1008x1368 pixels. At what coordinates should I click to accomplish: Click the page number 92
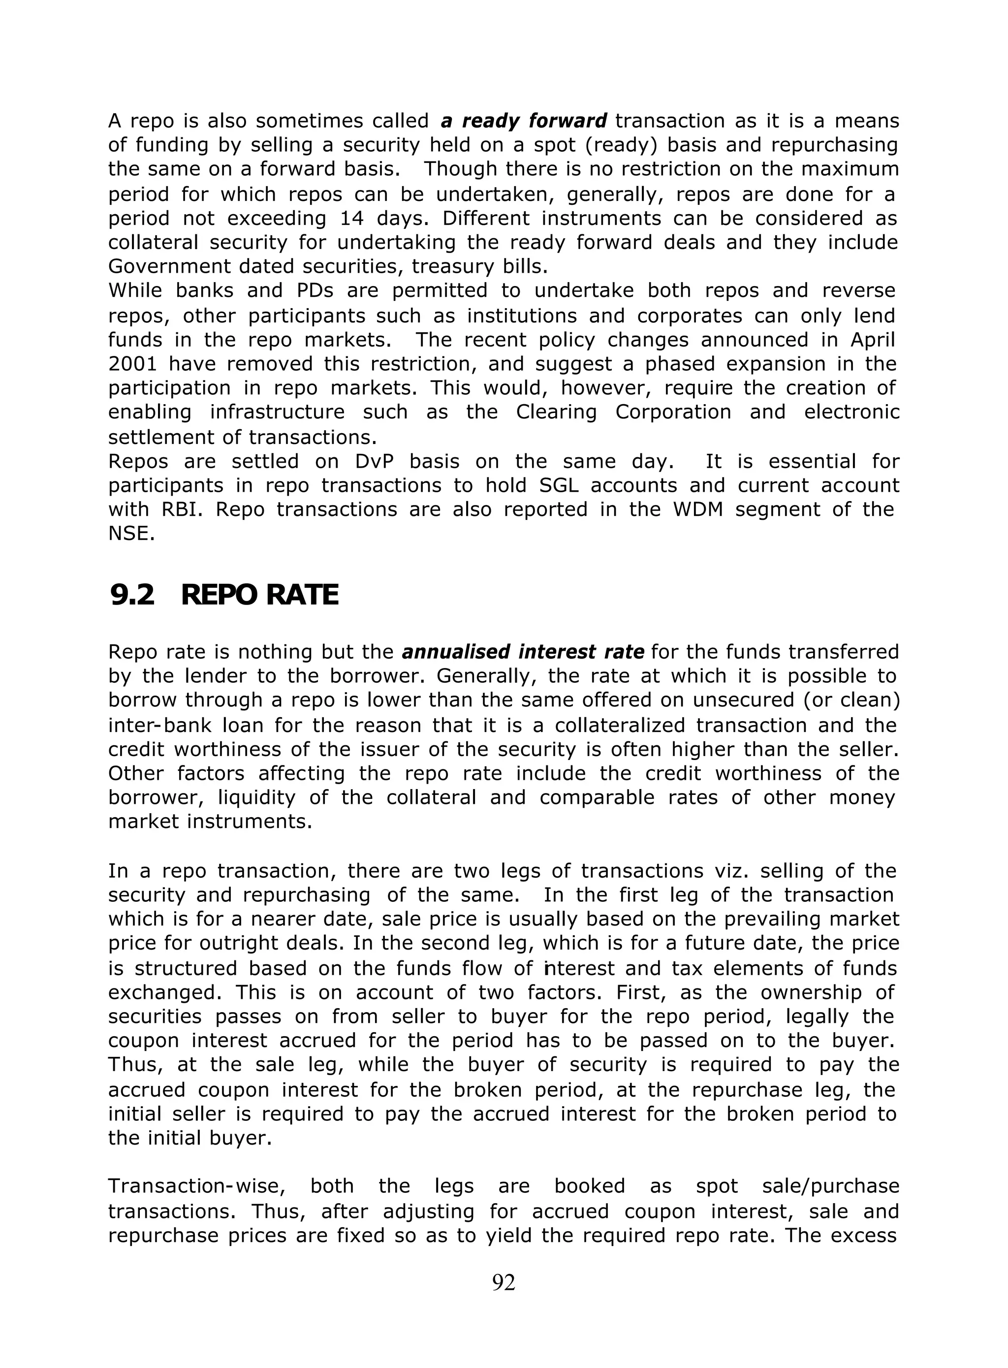click(x=504, y=1282)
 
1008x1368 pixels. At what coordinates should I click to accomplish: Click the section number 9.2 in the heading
click(x=132, y=596)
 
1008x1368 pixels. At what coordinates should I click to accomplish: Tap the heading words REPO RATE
click(x=259, y=596)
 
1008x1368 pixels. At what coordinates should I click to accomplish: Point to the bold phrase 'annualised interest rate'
click(x=523, y=652)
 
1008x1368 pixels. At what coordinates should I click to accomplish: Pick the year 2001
click(x=132, y=364)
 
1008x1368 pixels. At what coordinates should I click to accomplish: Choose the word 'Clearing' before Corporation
click(x=556, y=413)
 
